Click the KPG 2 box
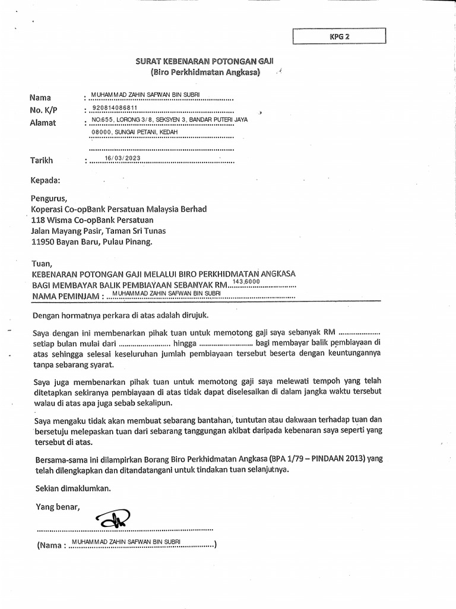(340, 37)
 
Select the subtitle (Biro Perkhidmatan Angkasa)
(205, 73)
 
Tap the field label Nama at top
(40, 98)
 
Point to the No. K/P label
(44, 110)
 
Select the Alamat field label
(43, 123)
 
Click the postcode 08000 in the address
(102, 131)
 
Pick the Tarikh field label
(42, 160)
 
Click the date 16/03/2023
(123, 158)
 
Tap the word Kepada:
(45, 180)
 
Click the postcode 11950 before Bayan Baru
(43, 242)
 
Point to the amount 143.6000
(248, 281)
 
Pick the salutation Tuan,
(42, 263)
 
